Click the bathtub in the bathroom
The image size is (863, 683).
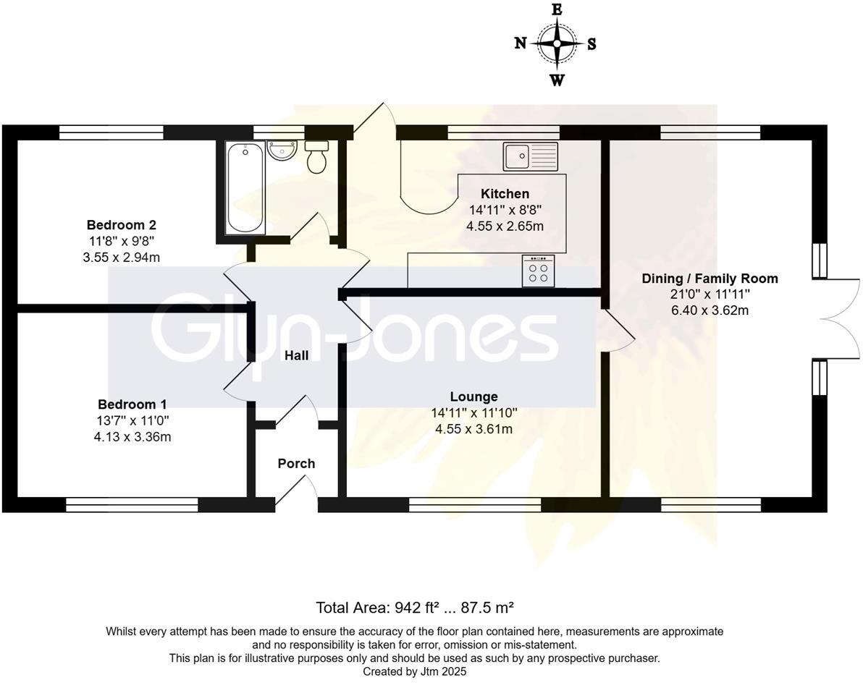245,187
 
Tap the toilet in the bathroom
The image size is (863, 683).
316,158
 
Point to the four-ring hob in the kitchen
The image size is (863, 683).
539,271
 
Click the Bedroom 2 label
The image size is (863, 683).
121,224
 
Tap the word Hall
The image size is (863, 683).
296,355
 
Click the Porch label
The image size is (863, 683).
296,464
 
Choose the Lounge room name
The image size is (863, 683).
473,396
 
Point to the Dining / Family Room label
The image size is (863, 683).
710,279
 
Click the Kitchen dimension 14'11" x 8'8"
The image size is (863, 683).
505,210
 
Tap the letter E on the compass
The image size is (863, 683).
557,9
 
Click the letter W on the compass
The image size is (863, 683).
557,80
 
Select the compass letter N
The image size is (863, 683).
520,43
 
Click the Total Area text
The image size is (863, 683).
415,606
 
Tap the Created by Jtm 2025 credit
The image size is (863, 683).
415,671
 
